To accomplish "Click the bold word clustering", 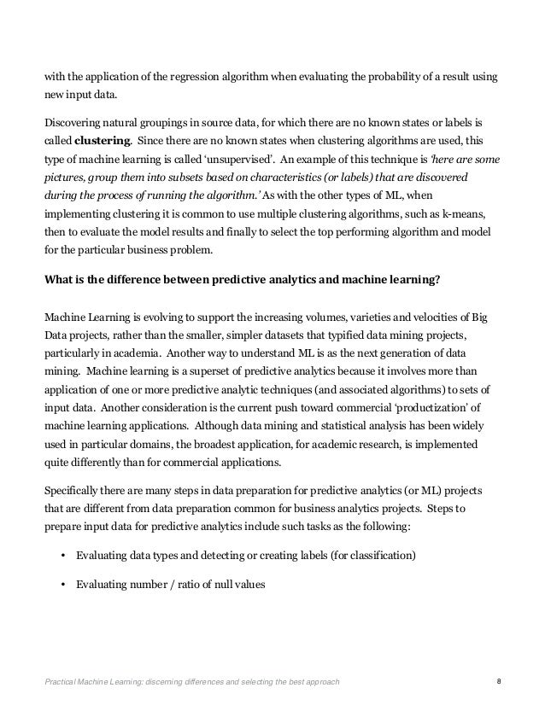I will point(103,136).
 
